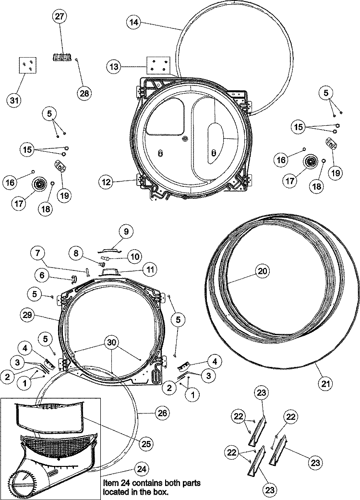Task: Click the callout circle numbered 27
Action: tap(61, 17)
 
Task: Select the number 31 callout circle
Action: tap(15, 100)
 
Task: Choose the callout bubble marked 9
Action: tap(126, 232)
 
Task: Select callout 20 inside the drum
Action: tap(262, 271)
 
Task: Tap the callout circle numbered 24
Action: tap(140, 469)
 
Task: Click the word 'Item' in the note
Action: tap(110, 482)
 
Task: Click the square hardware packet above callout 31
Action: tap(28, 65)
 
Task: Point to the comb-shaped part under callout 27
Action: tap(60, 57)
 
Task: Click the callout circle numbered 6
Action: tap(42, 275)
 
